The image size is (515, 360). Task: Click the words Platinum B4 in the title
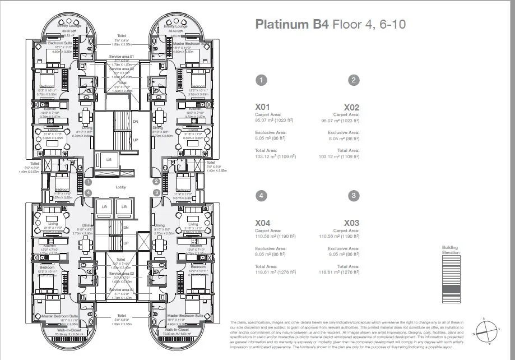click(292, 25)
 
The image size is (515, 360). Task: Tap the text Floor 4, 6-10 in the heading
click(369, 25)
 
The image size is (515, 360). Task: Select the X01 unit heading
click(264, 107)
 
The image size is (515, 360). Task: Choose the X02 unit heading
click(351, 107)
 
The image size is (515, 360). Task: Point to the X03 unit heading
click(351, 222)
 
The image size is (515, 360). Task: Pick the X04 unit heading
click(264, 222)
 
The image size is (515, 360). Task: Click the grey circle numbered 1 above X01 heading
click(261, 80)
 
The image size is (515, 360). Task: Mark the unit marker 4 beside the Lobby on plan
click(89, 192)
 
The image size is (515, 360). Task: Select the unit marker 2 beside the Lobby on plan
click(156, 181)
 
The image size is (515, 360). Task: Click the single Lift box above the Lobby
click(109, 159)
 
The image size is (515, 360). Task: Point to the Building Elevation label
click(450, 250)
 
